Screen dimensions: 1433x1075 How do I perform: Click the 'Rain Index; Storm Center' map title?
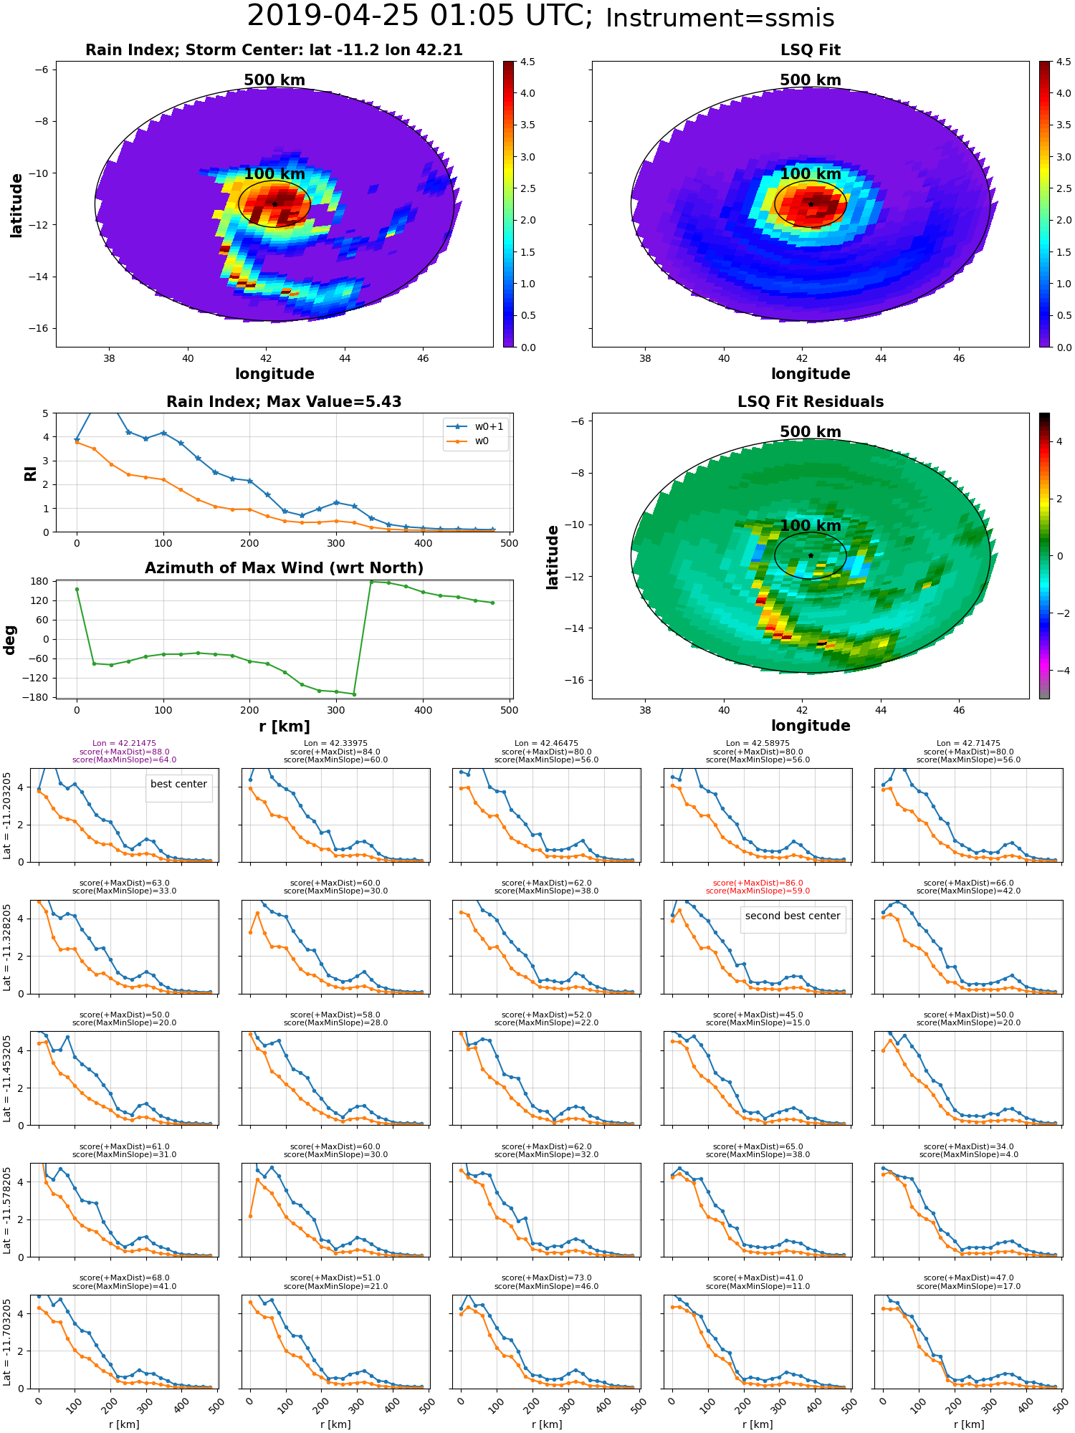coord(274,50)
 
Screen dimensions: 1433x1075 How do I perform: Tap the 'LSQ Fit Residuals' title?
coord(810,402)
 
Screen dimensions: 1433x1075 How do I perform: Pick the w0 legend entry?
coord(481,441)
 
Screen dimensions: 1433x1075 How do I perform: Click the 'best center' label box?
coord(178,784)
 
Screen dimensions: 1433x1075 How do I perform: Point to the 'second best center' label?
coord(792,916)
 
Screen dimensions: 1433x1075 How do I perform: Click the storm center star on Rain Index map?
coord(274,204)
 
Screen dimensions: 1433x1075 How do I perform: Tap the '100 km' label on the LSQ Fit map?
coord(810,174)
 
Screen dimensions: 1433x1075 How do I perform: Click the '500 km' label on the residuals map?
coord(810,432)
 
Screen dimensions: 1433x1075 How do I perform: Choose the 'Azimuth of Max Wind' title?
coord(284,568)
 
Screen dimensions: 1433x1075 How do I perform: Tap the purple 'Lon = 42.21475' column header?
coord(124,744)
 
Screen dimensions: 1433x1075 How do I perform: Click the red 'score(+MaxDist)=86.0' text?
coord(758,883)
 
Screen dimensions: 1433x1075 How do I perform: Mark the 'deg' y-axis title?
coord(10,639)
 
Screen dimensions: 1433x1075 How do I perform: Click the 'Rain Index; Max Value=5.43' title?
coord(284,402)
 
